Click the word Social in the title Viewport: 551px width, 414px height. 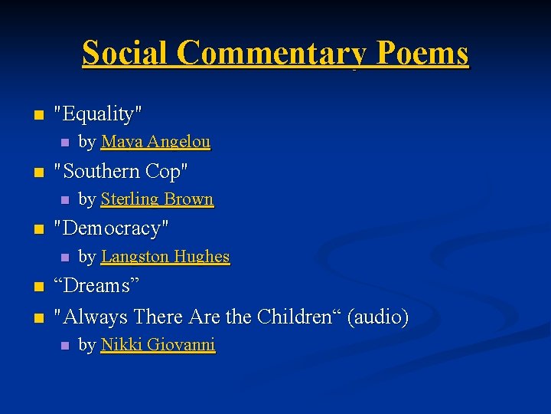point(126,54)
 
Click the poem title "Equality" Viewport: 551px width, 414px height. point(97,114)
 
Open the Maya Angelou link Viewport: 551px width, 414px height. point(155,142)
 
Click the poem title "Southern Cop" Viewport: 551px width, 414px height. point(120,171)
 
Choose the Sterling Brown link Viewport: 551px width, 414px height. point(157,199)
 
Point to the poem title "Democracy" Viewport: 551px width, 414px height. point(111,228)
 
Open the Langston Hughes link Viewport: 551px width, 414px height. point(165,257)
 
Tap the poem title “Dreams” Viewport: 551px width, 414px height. point(96,286)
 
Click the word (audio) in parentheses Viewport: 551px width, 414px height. point(378,316)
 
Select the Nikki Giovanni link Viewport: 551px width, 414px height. point(158,346)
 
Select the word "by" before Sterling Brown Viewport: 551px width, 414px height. point(87,199)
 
